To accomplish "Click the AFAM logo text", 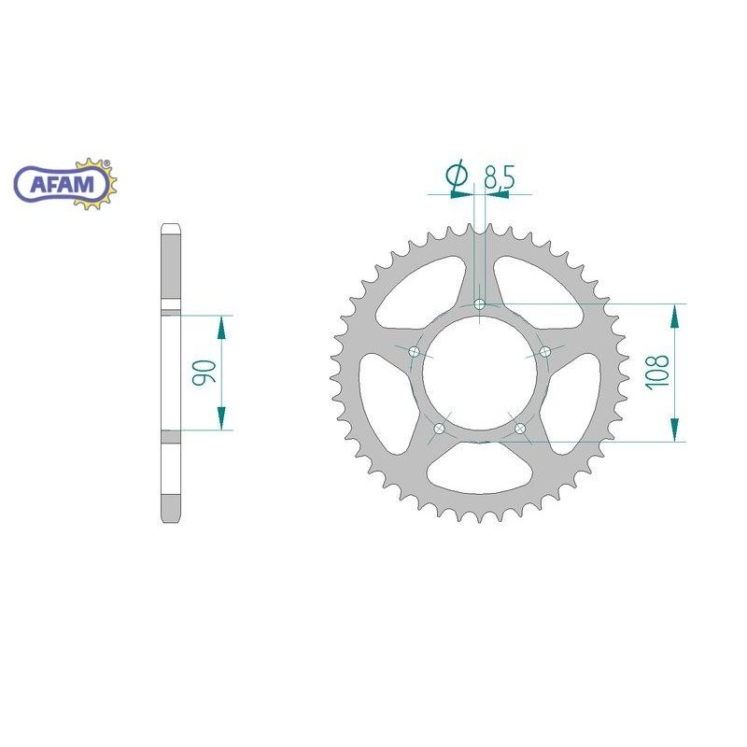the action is pos(63,183).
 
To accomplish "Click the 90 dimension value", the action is pos(204,373).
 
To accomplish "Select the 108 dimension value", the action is pos(657,373).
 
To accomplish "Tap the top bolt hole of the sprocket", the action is pos(480,304).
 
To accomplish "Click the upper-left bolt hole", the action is pos(414,352).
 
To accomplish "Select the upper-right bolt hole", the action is pos(545,352).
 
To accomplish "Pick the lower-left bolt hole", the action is pos(439,429).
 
